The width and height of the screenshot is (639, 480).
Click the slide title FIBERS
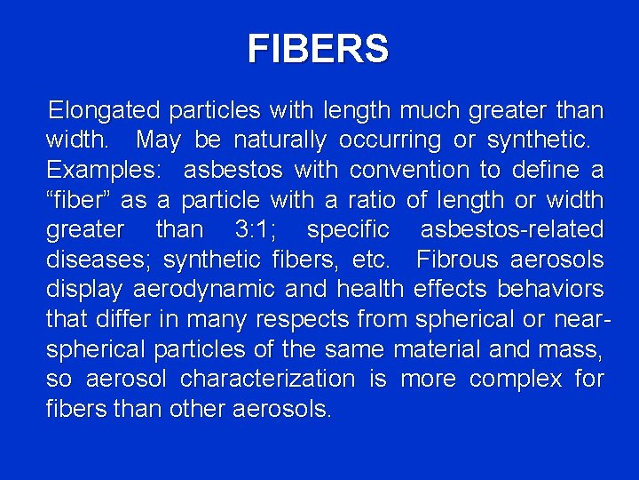(318, 49)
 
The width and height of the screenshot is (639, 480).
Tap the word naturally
(280, 140)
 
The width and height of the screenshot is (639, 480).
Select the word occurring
(390, 140)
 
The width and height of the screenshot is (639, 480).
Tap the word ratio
(377, 200)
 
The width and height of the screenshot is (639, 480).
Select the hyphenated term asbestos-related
(511, 229)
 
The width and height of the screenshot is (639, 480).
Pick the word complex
(515, 379)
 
